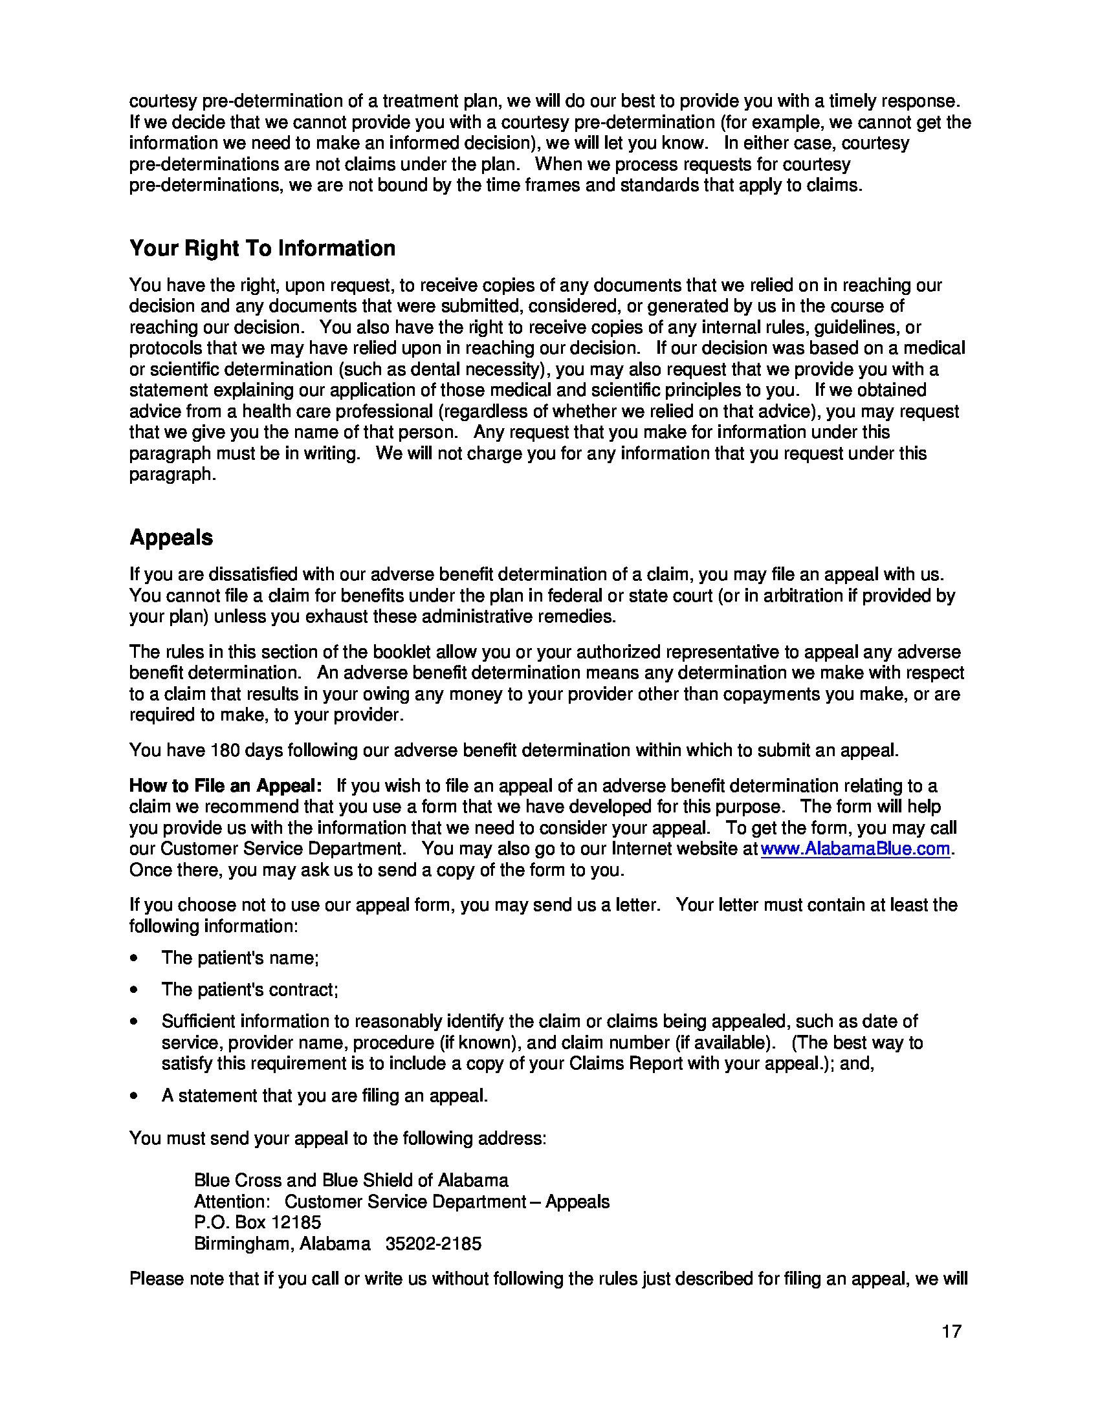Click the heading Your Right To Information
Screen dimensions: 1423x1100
coord(262,248)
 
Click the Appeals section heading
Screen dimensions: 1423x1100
coord(171,538)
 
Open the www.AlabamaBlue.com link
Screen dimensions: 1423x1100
coord(855,849)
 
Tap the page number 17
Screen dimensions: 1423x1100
coord(951,1331)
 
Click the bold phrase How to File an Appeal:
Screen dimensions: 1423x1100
coord(225,786)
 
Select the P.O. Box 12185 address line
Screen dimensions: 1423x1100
coord(258,1222)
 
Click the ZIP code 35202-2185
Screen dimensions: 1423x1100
coord(434,1244)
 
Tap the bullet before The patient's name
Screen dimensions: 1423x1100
coord(134,959)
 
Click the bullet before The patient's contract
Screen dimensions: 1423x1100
coord(134,990)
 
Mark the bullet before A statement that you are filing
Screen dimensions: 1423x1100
coord(134,1096)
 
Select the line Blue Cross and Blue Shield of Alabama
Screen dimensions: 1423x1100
coord(351,1180)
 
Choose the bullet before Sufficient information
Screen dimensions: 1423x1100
coord(134,1022)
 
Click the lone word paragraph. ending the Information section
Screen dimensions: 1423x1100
coord(172,474)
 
